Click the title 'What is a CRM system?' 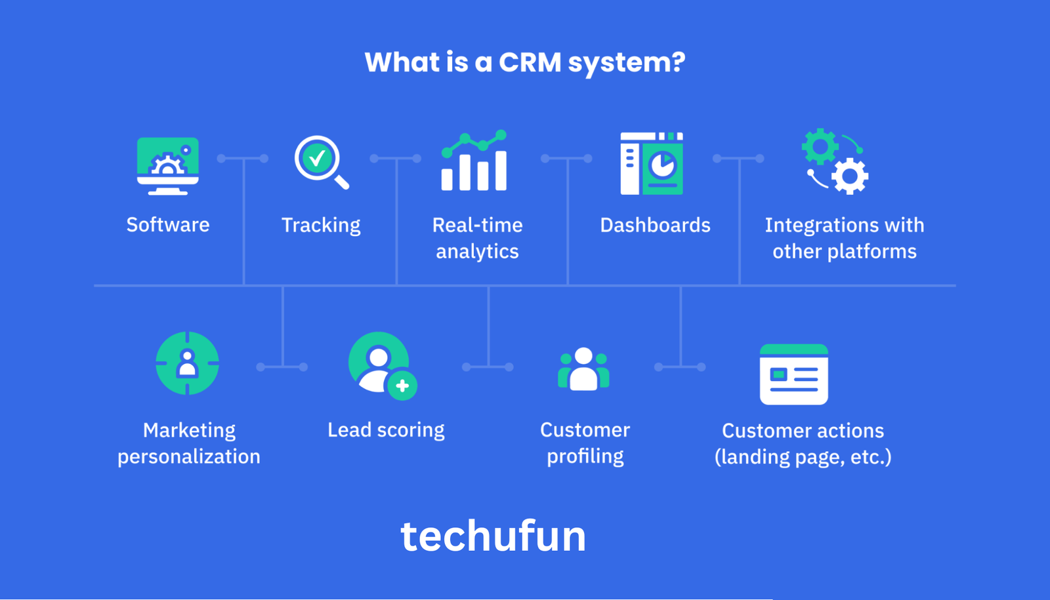click(x=525, y=63)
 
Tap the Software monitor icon click(x=168, y=165)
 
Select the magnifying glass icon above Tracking click(x=320, y=162)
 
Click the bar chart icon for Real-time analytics click(x=474, y=161)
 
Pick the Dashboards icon click(x=652, y=163)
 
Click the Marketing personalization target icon click(x=188, y=363)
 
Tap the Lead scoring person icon click(x=381, y=365)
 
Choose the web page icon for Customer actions click(x=793, y=374)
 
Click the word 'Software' click(x=168, y=225)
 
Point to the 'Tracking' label click(x=321, y=226)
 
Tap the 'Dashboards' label click(x=655, y=226)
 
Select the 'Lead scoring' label click(x=386, y=430)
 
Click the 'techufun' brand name click(x=493, y=536)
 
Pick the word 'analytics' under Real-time click(x=477, y=252)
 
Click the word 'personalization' click(x=189, y=456)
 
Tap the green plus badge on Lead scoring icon click(x=402, y=386)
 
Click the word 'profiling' click(x=585, y=456)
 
